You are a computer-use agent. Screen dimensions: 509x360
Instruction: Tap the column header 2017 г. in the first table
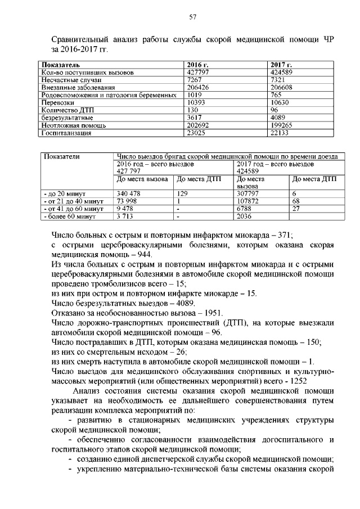pos(280,66)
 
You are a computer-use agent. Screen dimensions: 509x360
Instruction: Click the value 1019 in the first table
pos(193,96)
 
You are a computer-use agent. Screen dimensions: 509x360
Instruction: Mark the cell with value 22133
pos(282,133)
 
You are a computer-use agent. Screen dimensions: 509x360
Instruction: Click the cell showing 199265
pos(283,125)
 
